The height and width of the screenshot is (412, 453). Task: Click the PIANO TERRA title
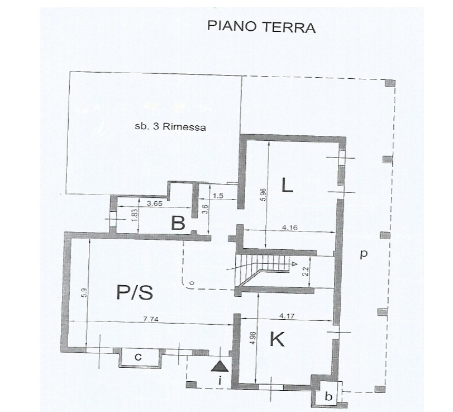(x=261, y=27)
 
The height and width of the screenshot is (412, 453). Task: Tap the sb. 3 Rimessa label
(x=170, y=127)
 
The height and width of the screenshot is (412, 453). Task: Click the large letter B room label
(x=178, y=223)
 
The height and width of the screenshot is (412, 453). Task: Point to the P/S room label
(x=135, y=292)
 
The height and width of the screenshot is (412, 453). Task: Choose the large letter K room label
(x=276, y=339)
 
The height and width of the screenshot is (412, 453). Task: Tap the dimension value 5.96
(x=263, y=195)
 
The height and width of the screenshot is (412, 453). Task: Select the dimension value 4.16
(x=290, y=228)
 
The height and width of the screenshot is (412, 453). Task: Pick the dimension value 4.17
(x=287, y=316)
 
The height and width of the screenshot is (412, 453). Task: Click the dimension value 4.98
(x=254, y=338)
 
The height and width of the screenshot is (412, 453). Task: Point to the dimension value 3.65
(x=155, y=203)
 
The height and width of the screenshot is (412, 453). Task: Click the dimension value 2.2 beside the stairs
(x=306, y=272)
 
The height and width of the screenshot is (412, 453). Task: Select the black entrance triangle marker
(x=220, y=366)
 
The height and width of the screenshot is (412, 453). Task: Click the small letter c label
(x=138, y=358)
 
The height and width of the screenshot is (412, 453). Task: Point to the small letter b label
(x=328, y=396)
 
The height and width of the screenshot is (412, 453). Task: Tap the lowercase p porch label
(x=364, y=254)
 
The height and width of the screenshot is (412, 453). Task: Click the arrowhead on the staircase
(x=294, y=263)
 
